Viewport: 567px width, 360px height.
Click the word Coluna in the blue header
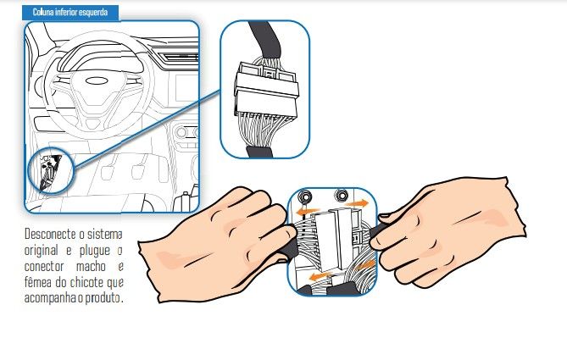pos(43,13)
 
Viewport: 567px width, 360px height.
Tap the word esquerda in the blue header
pos(94,13)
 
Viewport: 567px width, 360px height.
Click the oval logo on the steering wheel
pos(97,80)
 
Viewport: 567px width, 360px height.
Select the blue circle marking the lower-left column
pos(51,170)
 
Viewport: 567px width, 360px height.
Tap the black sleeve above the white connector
pos(264,38)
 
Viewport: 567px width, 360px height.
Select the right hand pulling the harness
pos(448,231)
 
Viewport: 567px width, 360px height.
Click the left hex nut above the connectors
pos(306,197)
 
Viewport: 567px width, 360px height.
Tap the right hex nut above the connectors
pos(341,196)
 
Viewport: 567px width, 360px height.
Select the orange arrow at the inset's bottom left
pos(321,277)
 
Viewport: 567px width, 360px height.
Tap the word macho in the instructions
pos(91,266)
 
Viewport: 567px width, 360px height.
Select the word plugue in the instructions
pos(95,251)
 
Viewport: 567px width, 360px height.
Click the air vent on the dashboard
pos(178,57)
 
